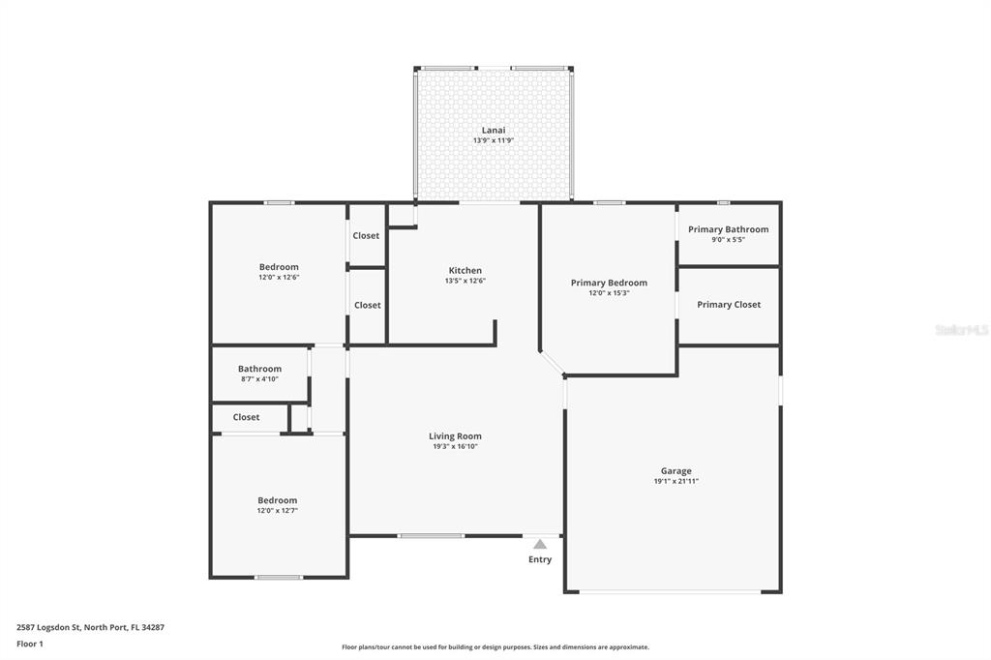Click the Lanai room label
[494, 130]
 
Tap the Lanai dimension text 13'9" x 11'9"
[494, 140]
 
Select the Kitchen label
[465, 270]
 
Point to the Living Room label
[455, 435]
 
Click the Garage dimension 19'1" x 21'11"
[676, 481]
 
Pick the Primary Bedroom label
[609, 283]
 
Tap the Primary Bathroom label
[728, 229]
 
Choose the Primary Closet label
[729, 304]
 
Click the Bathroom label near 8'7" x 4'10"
[259, 368]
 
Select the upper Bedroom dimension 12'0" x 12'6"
[279, 278]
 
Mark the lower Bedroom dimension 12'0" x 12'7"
[277, 510]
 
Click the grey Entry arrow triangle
[540, 544]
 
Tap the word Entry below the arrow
[540, 559]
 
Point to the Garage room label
[676, 470]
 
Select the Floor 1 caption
[30, 644]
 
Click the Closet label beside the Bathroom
[246, 417]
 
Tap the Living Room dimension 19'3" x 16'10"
[455, 446]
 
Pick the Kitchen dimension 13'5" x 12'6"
[465, 281]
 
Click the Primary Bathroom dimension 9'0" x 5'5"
[728, 239]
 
